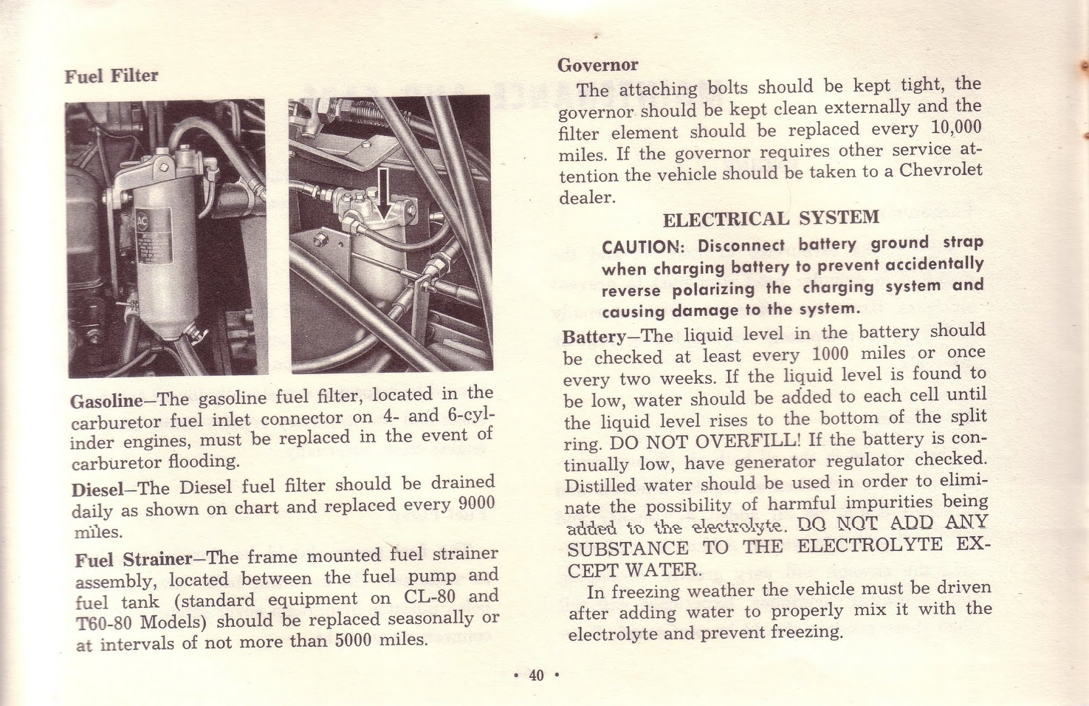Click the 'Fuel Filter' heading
111,76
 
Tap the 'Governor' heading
597,65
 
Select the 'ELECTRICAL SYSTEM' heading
771,218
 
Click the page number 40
536,675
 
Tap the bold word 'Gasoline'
106,401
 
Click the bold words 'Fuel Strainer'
133,560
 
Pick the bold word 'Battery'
594,337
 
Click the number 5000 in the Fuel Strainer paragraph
354,640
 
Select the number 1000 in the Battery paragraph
830,354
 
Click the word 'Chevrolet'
940,170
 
